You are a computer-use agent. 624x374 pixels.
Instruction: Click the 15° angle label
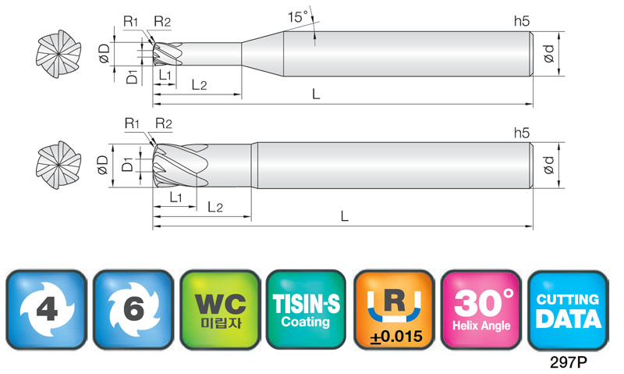point(298,17)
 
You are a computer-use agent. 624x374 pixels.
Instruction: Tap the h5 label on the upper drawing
point(522,21)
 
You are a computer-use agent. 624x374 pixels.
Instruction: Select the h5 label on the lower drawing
point(522,133)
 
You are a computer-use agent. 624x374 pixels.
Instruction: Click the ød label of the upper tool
point(549,53)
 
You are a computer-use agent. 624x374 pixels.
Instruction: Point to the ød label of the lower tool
point(549,165)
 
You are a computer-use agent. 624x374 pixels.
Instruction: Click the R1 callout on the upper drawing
point(130,21)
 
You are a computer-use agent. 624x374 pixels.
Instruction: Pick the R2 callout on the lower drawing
point(163,123)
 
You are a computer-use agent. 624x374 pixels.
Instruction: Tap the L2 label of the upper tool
point(199,85)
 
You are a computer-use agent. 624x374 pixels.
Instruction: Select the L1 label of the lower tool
point(175,197)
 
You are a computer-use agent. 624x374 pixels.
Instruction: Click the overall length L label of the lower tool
point(345,216)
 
